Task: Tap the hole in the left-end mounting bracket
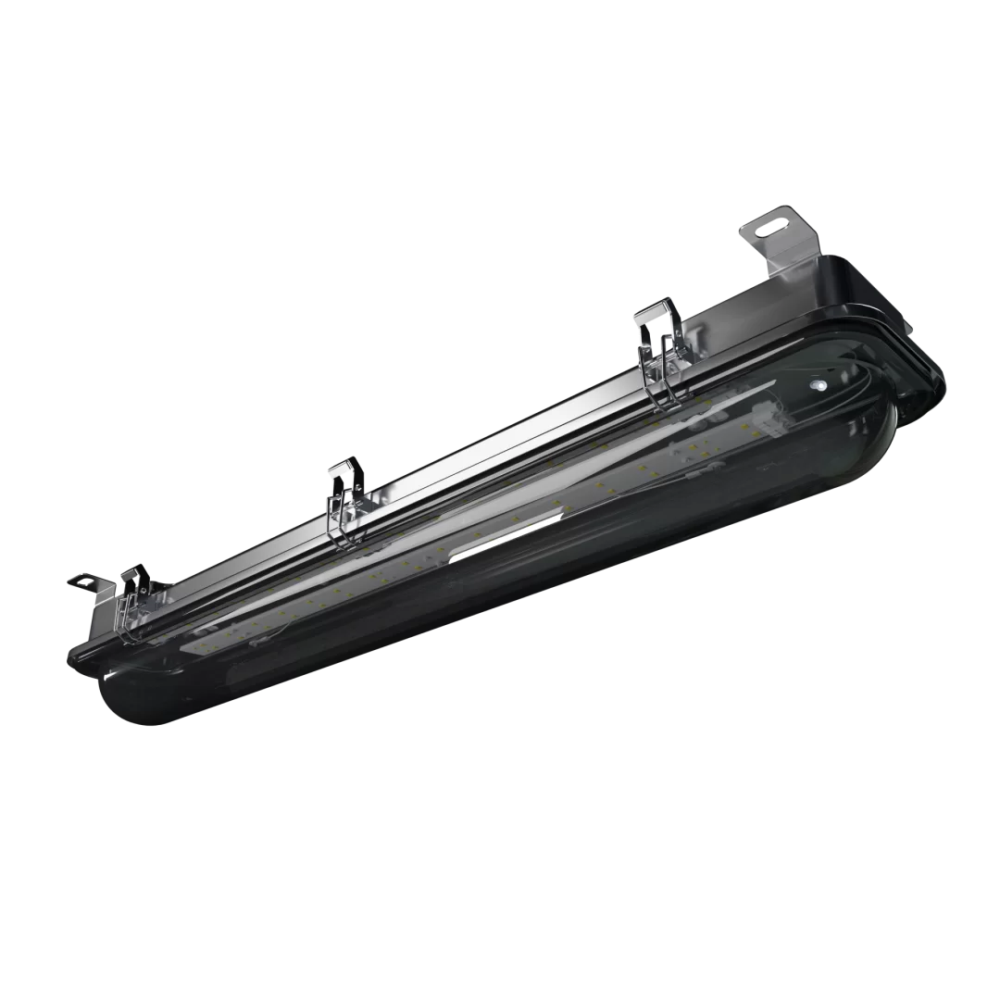pyautogui.click(x=79, y=581)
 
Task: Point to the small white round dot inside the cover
pyautogui.click(x=817, y=381)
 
